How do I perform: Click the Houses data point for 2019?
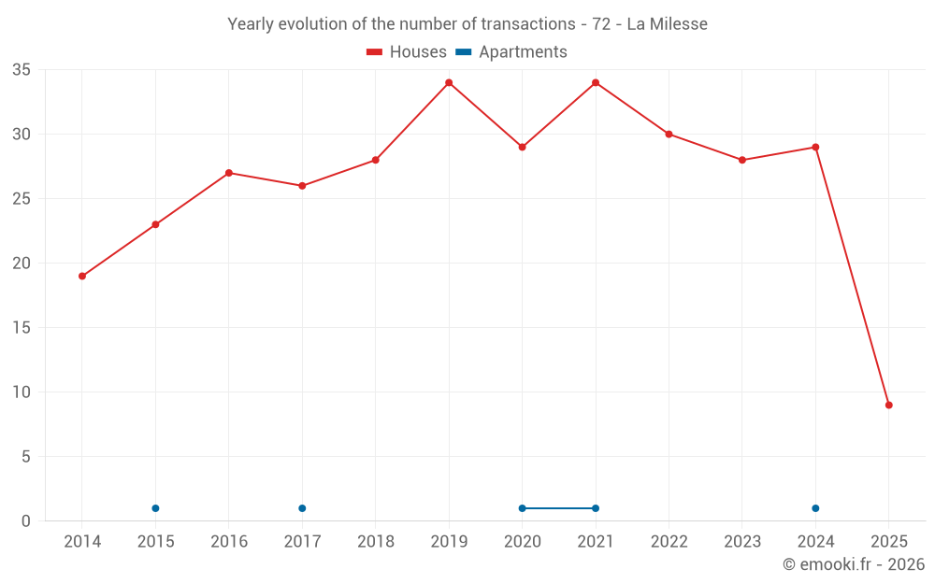[x=449, y=82]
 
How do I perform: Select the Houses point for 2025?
[x=889, y=405]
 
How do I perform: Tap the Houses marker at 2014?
[x=82, y=276]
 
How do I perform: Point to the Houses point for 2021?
[x=596, y=82]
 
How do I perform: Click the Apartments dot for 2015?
[x=155, y=508]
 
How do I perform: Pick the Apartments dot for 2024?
[x=815, y=508]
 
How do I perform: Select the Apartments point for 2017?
[x=302, y=508]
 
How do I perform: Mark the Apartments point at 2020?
[x=522, y=508]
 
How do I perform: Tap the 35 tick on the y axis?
[x=22, y=70]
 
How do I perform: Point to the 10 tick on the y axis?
[x=22, y=392]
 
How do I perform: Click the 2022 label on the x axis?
[x=669, y=542]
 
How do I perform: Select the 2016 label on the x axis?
[x=229, y=542]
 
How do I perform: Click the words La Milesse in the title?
[x=667, y=23]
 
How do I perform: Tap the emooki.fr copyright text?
[x=853, y=564]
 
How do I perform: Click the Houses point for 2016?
[x=229, y=173]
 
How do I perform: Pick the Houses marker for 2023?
[x=742, y=160]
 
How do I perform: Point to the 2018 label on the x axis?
[x=376, y=542]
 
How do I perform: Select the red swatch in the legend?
[x=375, y=52]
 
